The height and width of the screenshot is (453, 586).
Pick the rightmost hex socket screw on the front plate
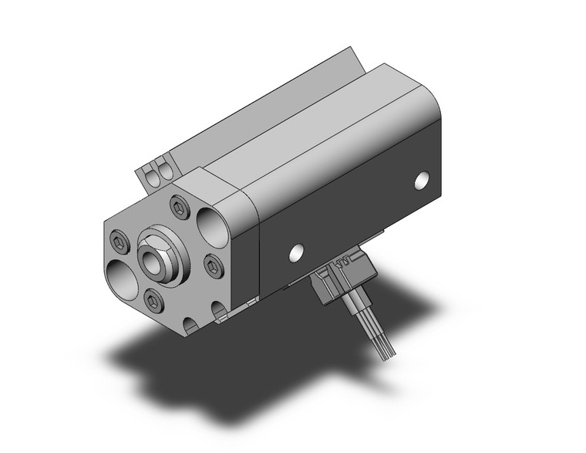pyautogui.click(x=214, y=266)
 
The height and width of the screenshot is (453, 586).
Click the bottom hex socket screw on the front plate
pyautogui.click(x=151, y=299)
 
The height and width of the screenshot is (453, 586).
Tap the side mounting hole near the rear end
pyautogui.click(x=421, y=181)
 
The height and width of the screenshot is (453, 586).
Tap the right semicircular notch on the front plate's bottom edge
pyautogui.click(x=221, y=312)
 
